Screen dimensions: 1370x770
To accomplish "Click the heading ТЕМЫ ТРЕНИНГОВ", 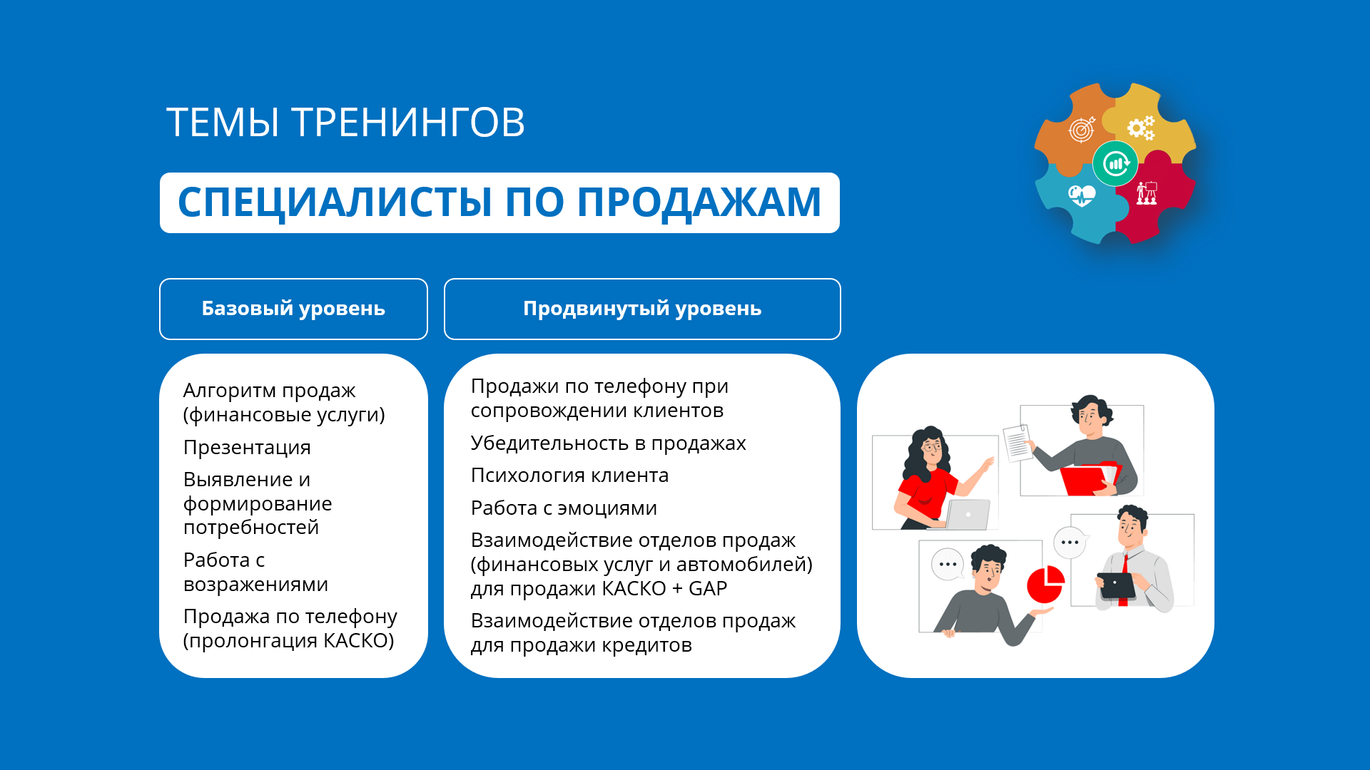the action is tap(345, 122).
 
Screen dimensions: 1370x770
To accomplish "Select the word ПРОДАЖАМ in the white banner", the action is tap(699, 202).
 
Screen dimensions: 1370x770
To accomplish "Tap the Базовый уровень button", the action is tap(293, 309).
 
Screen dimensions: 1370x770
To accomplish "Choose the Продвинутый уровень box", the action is tap(642, 309).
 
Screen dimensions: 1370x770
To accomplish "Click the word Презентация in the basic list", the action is tap(247, 448).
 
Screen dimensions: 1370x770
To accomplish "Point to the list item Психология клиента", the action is tap(569, 476).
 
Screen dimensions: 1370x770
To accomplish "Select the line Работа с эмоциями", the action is tap(564, 508).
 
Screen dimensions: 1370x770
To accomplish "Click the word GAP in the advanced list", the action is tap(708, 589).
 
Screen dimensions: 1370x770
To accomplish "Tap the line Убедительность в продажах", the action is tap(608, 443).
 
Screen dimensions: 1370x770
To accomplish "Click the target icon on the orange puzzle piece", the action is tap(1082, 129).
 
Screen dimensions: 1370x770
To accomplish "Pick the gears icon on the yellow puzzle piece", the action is tap(1141, 128).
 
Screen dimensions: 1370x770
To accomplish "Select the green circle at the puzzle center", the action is tap(1115, 163).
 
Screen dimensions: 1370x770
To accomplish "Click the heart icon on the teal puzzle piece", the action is tap(1082, 195).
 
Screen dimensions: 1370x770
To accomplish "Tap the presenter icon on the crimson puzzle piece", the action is tap(1147, 192).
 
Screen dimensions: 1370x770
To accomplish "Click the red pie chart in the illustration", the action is tap(1045, 585).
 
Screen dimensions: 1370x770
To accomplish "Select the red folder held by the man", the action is tap(1088, 479).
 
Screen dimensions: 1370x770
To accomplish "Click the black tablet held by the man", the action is tap(1116, 585).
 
